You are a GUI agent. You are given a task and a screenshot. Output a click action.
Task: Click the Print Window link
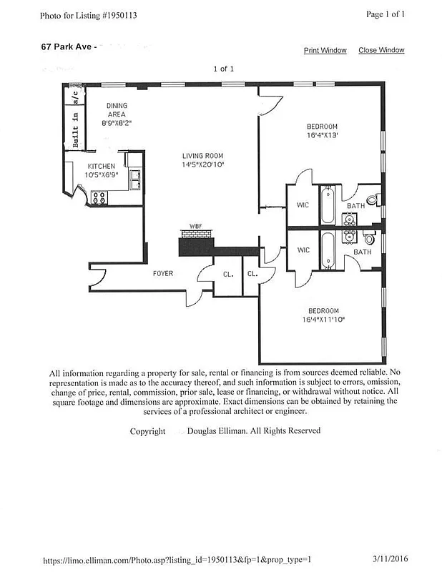click(325, 51)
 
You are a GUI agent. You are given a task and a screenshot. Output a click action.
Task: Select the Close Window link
click(381, 51)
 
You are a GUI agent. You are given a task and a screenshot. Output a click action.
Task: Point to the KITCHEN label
click(101, 167)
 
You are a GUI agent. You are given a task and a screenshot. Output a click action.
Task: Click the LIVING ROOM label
click(202, 156)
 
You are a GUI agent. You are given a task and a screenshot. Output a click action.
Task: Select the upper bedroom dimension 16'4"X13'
click(323, 134)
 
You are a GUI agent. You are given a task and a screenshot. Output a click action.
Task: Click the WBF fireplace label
click(195, 227)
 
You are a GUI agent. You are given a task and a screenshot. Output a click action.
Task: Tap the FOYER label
click(163, 273)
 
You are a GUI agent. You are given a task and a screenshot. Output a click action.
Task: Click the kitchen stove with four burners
click(99, 198)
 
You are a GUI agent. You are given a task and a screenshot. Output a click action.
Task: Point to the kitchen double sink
click(134, 179)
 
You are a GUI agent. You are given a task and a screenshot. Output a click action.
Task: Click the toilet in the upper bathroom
click(372, 199)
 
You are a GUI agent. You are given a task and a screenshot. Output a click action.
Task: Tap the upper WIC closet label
click(303, 205)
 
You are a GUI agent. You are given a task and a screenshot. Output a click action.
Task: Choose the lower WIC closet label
click(303, 250)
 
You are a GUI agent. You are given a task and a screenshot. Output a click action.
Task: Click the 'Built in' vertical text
click(74, 129)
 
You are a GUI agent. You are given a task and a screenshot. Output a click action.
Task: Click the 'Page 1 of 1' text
click(385, 14)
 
